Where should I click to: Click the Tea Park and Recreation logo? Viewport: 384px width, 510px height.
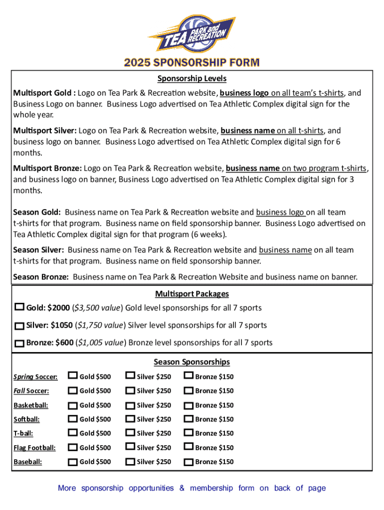pyautogui.click(x=192, y=34)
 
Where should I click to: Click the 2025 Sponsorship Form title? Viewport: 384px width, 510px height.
pyautogui.click(x=192, y=63)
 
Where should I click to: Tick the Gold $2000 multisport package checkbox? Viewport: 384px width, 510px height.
pyautogui.click(x=20, y=307)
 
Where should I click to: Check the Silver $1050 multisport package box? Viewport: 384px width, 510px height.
pyautogui.click(x=19, y=326)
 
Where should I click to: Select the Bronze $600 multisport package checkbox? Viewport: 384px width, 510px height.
pyautogui.click(x=19, y=343)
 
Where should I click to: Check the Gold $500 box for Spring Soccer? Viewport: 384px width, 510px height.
pyautogui.click(x=73, y=376)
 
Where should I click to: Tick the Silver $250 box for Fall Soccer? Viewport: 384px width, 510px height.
pyautogui.click(x=130, y=390)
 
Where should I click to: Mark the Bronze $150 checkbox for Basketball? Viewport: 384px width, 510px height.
pyautogui.click(x=189, y=404)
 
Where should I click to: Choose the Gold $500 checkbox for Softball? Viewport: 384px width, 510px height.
pyautogui.click(x=73, y=418)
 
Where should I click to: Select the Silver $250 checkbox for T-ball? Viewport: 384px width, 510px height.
pyautogui.click(x=130, y=432)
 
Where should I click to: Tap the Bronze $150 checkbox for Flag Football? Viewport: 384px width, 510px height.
pyautogui.click(x=189, y=447)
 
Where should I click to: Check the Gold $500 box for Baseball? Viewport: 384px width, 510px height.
pyautogui.click(x=73, y=461)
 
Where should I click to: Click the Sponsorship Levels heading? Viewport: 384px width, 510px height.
pyautogui.click(x=192, y=79)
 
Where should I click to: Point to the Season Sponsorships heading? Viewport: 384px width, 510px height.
pyautogui.click(x=192, y=362)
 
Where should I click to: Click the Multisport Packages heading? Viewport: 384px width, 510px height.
pyautogui.click(x=192, y=294)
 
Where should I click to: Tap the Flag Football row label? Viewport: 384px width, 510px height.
pyautogui.click(x=34, y=448)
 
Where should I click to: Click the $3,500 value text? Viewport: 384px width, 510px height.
pyautogui.click(x=98, y=308)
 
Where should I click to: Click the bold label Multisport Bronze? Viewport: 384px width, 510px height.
pyautogui.click(x=47, y=169)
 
